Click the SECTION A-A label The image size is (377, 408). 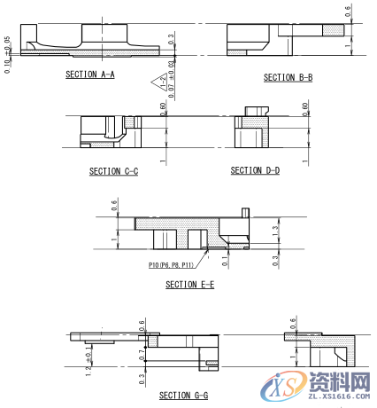tap(89, 75)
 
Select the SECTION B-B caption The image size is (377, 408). tap(289, 78)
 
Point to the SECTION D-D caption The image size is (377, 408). tap(255, 170)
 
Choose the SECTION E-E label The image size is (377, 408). tap(189, 285)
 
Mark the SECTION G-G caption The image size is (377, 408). tap(183, 395)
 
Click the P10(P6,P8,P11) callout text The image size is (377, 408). tap(171, 264)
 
